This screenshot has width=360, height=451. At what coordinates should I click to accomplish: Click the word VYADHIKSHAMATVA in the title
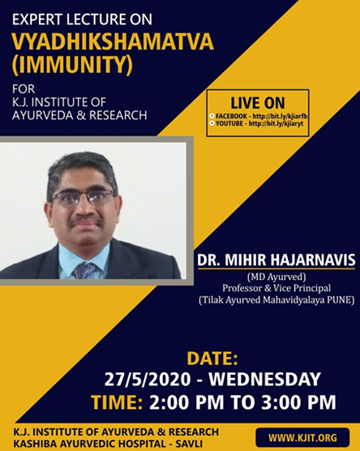click(x=113, y=42)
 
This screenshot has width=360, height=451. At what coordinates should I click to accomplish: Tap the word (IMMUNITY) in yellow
click(x=72, y=65)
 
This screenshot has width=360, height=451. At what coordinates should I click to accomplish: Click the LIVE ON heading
click(x=258, y=103)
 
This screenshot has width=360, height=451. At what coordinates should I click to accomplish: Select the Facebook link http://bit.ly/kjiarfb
click(x=281, y=116)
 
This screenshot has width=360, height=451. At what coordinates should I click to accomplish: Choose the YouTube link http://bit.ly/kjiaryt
click(x=276, y=123)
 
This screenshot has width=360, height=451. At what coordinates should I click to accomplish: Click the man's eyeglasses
click(x=82, y=198)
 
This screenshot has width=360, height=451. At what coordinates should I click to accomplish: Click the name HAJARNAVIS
click(x=313, y=260)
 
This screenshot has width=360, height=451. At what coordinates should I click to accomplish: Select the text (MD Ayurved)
click(x=276, y=277)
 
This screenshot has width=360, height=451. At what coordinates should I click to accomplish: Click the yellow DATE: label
click(x=212, y=359)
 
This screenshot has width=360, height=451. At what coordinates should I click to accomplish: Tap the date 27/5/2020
click(x=148, y=380)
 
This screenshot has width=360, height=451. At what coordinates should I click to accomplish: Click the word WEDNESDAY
click(x=264, y=380)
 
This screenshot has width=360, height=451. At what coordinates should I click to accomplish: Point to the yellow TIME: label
click(x=117, y=402)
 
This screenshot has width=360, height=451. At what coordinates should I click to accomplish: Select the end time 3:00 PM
click(x=298, y=402)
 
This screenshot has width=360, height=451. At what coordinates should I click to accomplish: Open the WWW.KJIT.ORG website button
click(x=302, y=438)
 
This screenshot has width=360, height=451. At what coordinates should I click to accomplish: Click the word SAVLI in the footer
click(x=189, y=443)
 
